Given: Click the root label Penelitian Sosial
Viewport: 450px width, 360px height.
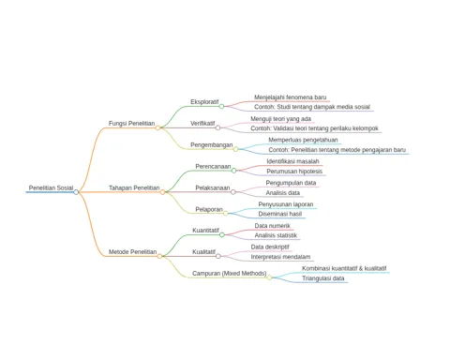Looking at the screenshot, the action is pos(51,187).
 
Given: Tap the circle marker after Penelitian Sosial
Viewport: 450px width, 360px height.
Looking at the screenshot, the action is pos(76,192).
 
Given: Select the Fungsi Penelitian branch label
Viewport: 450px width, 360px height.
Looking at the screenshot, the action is pos(131,124).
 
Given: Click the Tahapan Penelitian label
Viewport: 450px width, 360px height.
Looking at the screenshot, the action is pos(134,187).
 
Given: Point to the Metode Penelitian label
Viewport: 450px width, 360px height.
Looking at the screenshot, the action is pos(132,252).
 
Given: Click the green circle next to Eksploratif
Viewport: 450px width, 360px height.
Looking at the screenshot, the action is pos(221,106).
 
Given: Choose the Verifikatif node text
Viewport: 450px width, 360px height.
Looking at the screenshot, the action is pos(202,124).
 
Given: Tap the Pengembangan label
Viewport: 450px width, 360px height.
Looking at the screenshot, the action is pos(212,145).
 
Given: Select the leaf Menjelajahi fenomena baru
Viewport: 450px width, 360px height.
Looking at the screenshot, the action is pos(290,97).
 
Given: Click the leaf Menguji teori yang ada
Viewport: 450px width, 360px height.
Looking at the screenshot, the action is pos(280,119).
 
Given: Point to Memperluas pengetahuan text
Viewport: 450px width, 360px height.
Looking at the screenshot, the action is pos(303,140).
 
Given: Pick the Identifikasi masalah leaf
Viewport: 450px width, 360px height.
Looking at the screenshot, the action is pos(292,161).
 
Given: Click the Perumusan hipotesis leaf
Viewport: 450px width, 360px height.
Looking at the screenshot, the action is pos(294,172).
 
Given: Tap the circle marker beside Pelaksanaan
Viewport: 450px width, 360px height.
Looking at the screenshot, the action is pos(233,192).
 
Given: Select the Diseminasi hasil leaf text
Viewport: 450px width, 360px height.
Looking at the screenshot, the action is pos(280,214).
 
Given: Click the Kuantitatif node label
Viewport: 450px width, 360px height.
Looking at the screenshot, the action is pos(205,231).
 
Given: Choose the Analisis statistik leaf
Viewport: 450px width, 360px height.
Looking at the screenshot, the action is pos(276,235).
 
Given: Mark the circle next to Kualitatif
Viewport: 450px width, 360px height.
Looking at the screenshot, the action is pos(218,256).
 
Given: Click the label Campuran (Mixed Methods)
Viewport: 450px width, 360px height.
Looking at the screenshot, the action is pos(230,274).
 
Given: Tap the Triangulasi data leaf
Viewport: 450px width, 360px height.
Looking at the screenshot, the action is pos(323,278).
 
